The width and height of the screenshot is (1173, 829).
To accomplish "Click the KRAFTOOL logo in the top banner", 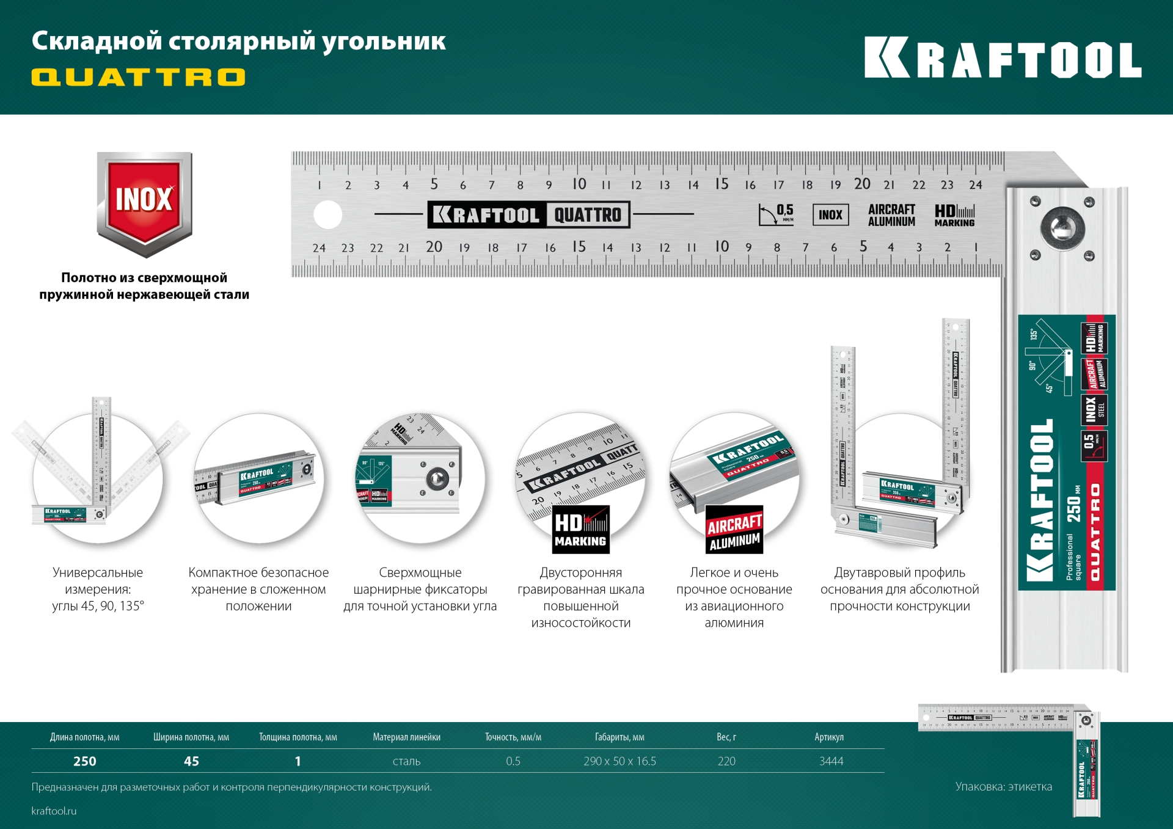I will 1003,59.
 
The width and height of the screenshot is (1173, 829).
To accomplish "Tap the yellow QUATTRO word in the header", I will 139,77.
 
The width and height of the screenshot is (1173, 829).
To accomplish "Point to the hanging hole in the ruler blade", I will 328,215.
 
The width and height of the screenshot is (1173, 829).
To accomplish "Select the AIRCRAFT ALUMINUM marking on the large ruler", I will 891,215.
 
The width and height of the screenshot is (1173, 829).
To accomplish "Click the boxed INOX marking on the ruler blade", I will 830,215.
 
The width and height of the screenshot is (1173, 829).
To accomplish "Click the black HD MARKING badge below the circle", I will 580,530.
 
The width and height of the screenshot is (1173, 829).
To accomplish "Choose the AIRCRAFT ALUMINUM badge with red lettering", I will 734,530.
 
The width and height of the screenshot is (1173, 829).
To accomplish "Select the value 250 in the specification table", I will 85,761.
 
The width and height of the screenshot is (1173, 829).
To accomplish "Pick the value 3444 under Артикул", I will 831,761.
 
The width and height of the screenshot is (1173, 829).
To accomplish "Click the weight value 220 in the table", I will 726,761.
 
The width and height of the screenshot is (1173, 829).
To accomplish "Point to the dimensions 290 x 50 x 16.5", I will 619,761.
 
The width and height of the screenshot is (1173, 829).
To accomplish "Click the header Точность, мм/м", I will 513,737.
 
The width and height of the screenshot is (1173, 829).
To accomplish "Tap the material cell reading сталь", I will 406,761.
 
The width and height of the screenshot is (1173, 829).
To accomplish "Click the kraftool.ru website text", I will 54,811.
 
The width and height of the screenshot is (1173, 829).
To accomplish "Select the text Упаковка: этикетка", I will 1003,787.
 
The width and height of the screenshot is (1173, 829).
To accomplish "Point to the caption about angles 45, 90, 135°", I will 98,589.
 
